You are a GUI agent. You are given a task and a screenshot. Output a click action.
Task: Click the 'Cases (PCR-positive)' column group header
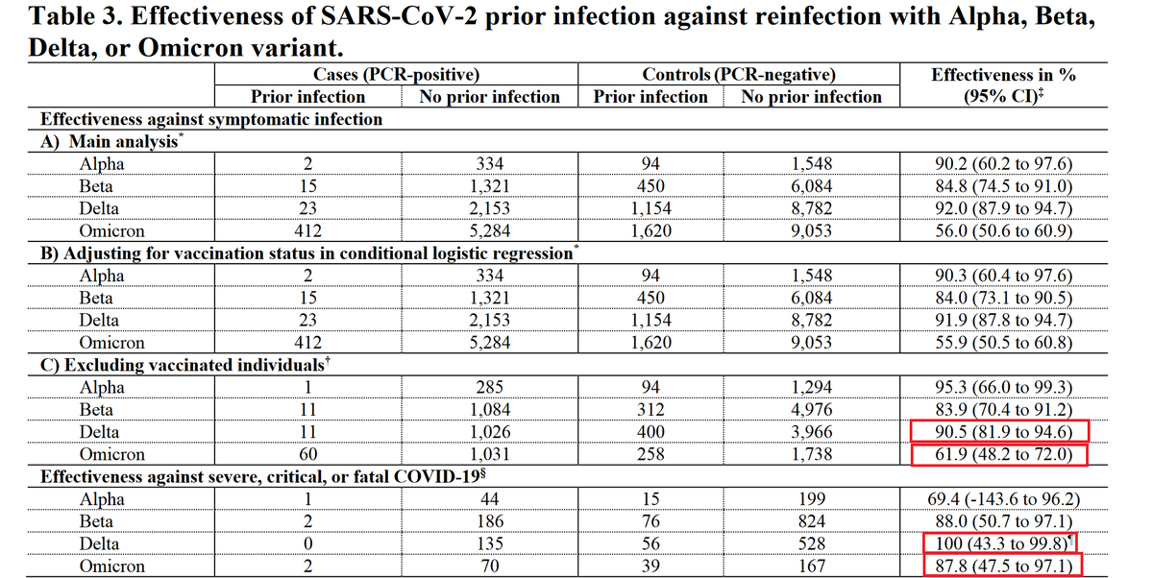pyautogui.click(x=396, y=75)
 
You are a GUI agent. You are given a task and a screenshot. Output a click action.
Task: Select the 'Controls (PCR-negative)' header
pyautogui.click(x=739, y=75)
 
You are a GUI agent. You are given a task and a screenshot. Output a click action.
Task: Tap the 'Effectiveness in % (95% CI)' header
pyautogui.click(x=1003, y=84)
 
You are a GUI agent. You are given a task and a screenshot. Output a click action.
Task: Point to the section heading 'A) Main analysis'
pyautogui.click(x=111, y=141)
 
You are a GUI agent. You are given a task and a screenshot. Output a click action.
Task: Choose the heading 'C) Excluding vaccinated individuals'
pyautogui.click(x=184, y=365)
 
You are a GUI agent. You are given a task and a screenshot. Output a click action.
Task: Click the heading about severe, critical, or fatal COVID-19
pyautogui.click(x=263, y=476)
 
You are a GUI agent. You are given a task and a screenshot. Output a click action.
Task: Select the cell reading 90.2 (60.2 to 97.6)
pyautogui.click(x=1003, y=163)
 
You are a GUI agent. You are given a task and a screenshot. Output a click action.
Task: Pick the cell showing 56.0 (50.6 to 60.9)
pyautogui.click(x=1003, y=230)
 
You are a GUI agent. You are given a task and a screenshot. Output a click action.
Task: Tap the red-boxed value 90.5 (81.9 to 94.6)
pyautogui.click(x=1003, y=431)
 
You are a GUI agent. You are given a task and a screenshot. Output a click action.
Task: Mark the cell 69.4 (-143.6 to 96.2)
pyautogui.click(x=1003, y=499)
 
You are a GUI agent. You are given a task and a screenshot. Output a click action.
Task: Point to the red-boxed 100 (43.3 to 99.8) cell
pyautogui.click(x=1000, y=543)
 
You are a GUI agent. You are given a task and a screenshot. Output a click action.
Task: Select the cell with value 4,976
pyautogui.click(x=811, y=409)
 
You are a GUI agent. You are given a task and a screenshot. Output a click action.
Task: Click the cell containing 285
pyautogui.click(x=489, y=387)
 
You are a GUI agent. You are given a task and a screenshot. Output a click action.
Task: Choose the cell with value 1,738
pyautogui.click(x=811, y=454)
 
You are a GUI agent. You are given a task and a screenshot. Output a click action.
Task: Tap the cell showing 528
pyautogui.click(x=811, y=543)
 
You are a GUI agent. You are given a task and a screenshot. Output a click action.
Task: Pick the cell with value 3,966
pyautogui.click(x=811, y=431)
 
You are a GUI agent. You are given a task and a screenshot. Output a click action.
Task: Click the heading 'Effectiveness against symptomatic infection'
pyautogui.click(x=211, y=119)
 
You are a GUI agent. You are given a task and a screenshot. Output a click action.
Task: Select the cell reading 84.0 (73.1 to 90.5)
pyautogui.click(x=1003, y=298)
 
